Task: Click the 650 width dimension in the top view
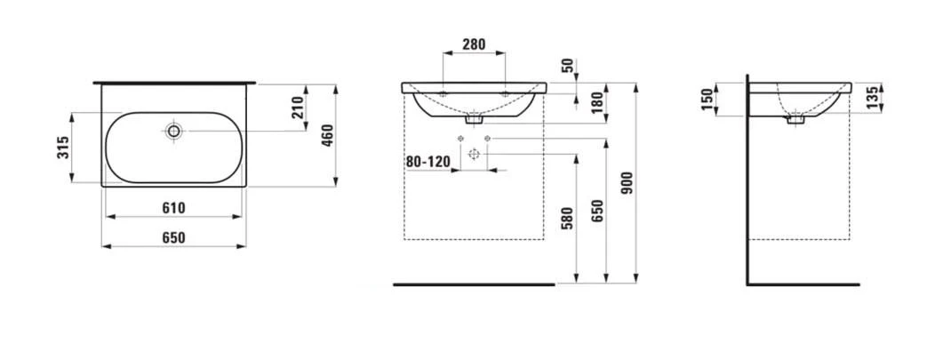tap(173, 238)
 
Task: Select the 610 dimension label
tap(173, 208)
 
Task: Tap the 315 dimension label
tap(64, 148)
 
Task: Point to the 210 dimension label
tap(298, 108)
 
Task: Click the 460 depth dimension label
tap(327, 136)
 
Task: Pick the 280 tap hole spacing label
tap(474, 44)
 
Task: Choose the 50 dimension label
tap(567, 66)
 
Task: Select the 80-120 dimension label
tap(427, 162)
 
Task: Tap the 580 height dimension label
tap(567, 218)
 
